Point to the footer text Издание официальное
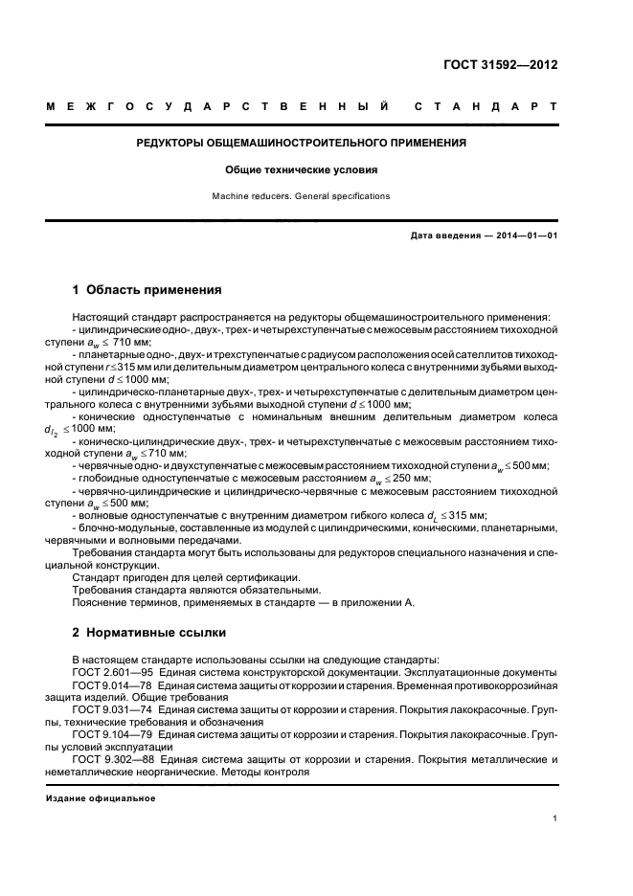click(x=101, y=797)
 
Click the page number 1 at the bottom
click(x=555, y=818)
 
